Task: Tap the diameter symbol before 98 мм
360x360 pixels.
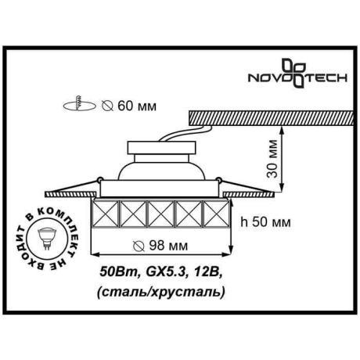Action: click(x=139, y=246)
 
